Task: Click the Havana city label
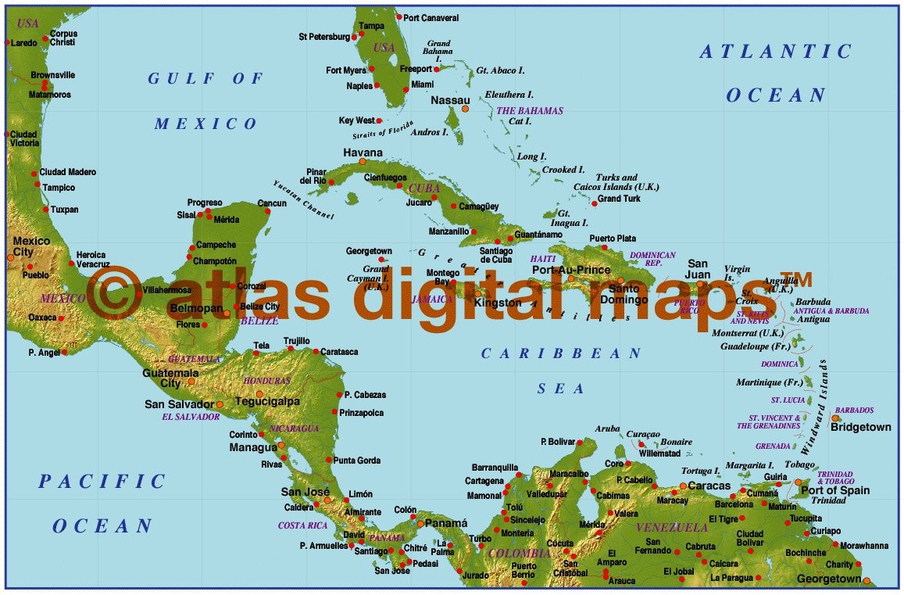[363, 152]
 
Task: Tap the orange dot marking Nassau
[465, 109]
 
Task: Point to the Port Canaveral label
[431, 17]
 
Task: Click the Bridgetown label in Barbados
[860, 428]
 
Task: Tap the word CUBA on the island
[425, 188]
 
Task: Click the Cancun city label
[272, 203]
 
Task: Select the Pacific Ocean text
[102, 503]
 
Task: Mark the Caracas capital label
[709, 486]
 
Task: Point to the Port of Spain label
[835, 490]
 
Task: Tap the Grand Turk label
[619, 199]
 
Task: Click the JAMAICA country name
[433, 299]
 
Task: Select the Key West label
[356, 120]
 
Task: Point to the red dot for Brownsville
[45, 84]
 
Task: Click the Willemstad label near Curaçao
[659, 453]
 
